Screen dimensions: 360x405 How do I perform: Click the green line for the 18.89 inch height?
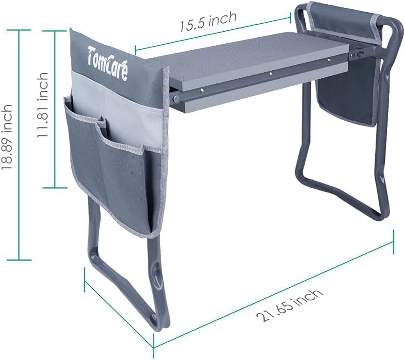[19, 144]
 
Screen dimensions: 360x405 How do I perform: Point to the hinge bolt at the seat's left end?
[176, 99]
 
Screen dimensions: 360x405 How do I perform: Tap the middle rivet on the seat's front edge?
[271, 73]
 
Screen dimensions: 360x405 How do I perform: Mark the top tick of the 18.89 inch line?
[19, 30]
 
